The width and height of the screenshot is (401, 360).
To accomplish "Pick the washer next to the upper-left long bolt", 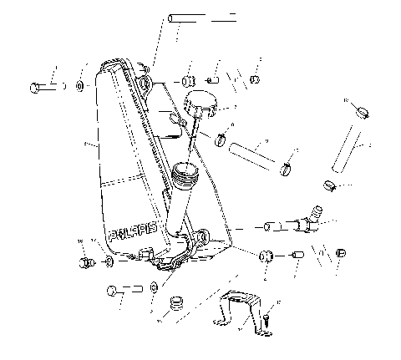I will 79,85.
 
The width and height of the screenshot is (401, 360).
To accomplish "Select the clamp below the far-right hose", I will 331,185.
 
